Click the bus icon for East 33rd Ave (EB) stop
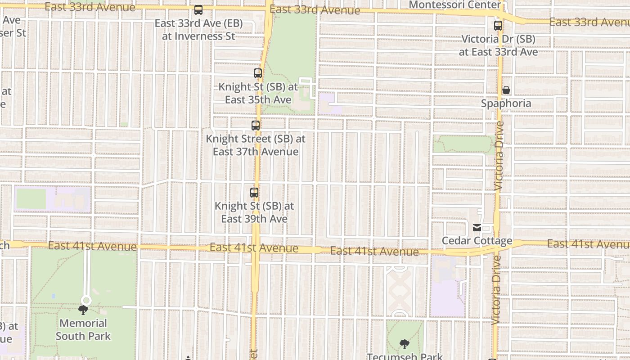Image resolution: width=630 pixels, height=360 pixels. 198,10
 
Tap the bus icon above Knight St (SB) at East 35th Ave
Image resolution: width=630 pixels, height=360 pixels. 258,73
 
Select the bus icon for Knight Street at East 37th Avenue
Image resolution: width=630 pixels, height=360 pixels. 256,126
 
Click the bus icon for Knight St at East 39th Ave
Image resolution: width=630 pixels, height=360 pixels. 254,193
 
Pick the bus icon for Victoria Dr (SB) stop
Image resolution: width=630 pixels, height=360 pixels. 498,26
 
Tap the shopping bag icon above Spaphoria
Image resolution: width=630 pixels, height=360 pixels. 506,90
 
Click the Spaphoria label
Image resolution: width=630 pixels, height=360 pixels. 506,103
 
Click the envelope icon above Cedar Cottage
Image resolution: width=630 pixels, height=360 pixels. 477,228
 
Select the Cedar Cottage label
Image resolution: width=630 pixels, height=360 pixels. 477,241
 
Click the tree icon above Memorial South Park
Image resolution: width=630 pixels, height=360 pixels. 83,310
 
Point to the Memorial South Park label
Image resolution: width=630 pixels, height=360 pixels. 83,329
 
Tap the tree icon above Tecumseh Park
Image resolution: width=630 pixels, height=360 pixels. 405,344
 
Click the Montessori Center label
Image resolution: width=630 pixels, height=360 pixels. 455,5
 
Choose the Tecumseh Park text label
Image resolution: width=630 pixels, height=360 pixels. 405,356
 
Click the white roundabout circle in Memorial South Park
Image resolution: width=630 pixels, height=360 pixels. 86,300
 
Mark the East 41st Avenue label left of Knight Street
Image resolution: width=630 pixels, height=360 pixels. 92,246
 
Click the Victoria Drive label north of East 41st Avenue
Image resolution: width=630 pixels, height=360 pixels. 499,156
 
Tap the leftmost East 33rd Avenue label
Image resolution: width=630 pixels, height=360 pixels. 90,7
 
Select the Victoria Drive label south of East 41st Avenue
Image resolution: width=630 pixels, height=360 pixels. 496,290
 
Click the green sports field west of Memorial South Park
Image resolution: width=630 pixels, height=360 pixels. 31,198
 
